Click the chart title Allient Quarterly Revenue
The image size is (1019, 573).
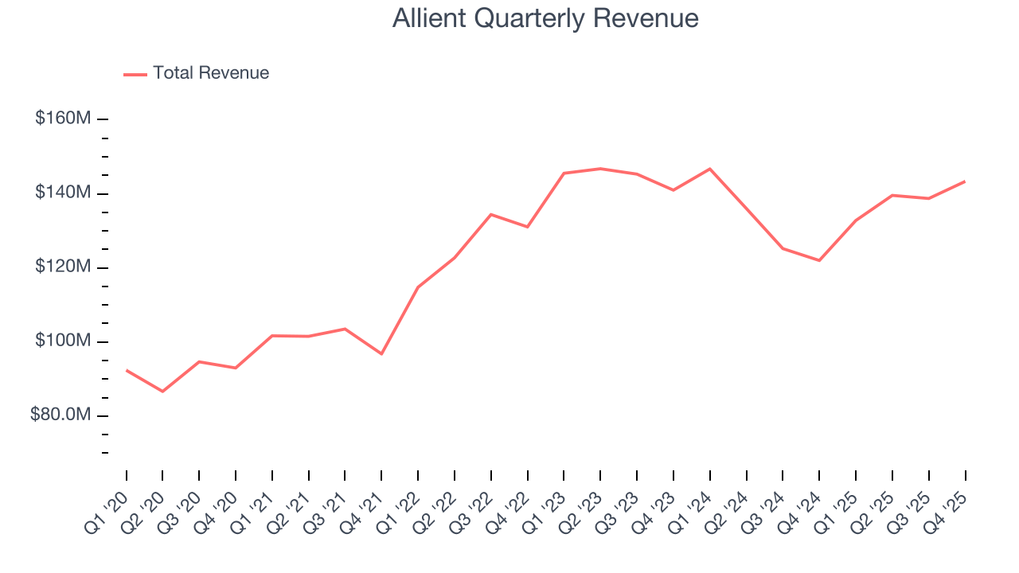pyautogui.click(x=545, y=18)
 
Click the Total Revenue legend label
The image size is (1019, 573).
pyautogui.click(x=211, y=73)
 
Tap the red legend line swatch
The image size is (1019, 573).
pyautogui.click(x=135, y=74)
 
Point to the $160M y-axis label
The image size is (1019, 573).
pyautogui.click(x=63, y=119)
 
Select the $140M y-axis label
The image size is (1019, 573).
pyautogui.click(x=63, y=193)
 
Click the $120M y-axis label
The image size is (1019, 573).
pyautogui.click(x=63, y=267)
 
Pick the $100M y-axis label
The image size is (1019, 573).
pyautogui.click(x=63, y=341)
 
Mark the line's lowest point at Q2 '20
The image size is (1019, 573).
pyautogui.click(x=162, y=392)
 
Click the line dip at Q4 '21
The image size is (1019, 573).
pyautogui.click(x=381, y=353)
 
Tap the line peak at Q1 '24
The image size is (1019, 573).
pyautogui.click(x=709, y=169)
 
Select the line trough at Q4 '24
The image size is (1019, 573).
pyautogui.click(x=819, y=260)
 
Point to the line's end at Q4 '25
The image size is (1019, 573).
pyautogui.click(x=965, y=181)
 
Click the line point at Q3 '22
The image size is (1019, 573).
pyautogui.click(x=490, y=214)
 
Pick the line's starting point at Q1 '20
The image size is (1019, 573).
pyautogui.click(x=127, y=370)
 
